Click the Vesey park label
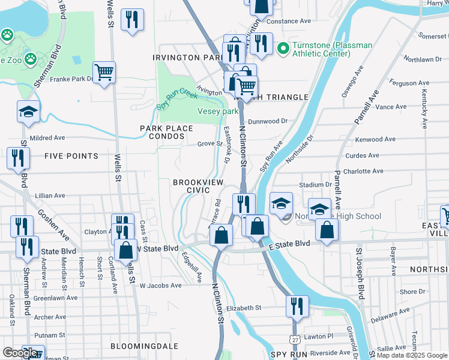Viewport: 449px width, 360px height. [218, 111]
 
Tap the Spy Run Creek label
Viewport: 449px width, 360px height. [177, 99]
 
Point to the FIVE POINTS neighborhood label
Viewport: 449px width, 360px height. [71, 156]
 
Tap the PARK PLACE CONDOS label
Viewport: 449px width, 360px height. [166, 133]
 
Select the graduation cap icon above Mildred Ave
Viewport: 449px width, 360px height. [28, 112]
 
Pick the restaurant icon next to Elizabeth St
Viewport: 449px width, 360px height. [297, 306]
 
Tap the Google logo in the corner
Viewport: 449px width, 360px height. [20, 353]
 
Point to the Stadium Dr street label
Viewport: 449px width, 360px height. [315, 185]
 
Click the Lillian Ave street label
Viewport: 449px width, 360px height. [50, 196]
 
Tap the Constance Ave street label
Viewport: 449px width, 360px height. [289, 21]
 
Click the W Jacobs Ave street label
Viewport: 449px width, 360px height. [160, 286]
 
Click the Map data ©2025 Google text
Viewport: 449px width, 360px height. [411, 355]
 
